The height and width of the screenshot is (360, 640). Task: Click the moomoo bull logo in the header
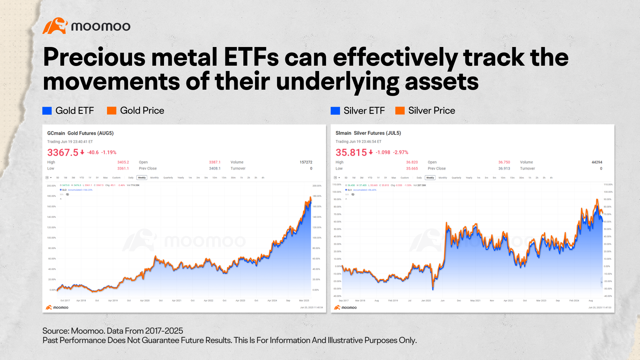pyautogui.click(x=55, y=26)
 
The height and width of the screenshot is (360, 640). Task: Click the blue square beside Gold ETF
pyautogui.click(x=47, y=111)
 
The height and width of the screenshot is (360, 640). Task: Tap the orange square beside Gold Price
pyautogui.click(x=112, y=111)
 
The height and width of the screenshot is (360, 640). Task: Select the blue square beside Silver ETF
pyautogui.click(x=335, y=111)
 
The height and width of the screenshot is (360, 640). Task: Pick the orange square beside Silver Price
pyautogui.click(x=400, y=111)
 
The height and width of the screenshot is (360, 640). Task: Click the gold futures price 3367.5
pyautogui.click(x=63, y=152)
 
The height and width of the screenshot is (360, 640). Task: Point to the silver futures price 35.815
pyautogui.click(x=351, y=152)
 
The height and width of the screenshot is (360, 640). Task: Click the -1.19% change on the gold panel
pyautogui.click(x=109, y=152)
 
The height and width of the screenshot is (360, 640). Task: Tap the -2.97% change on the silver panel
pyautogui.click(x=401, y=152)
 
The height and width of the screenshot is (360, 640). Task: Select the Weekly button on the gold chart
pyautogui.click(x=142, y=178)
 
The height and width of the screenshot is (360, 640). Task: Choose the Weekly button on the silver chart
pyautogui.click(x=430, y=178)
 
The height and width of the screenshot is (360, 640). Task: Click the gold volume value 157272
pyautogui.click(x=306, y=162)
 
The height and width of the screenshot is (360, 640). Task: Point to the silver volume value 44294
pyautogui.click(x=597, y=162)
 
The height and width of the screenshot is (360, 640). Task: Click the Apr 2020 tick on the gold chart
pyautogui.click(x=145, y=301)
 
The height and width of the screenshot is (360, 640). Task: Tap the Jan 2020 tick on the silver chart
pyautogui.click(x=426, y=301)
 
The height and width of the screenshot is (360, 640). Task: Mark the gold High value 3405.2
pyautogui.click(x=123, y=162)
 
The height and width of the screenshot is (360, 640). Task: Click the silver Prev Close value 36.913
pyautogui.click(x=504, y=169)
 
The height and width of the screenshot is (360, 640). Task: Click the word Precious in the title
pyautogui.click(x=94, y=57)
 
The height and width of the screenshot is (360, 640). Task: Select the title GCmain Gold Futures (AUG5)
pyautogui.click(x=80, y=133)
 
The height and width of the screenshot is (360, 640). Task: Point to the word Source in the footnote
pyautogui.click(x=55, y=331)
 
